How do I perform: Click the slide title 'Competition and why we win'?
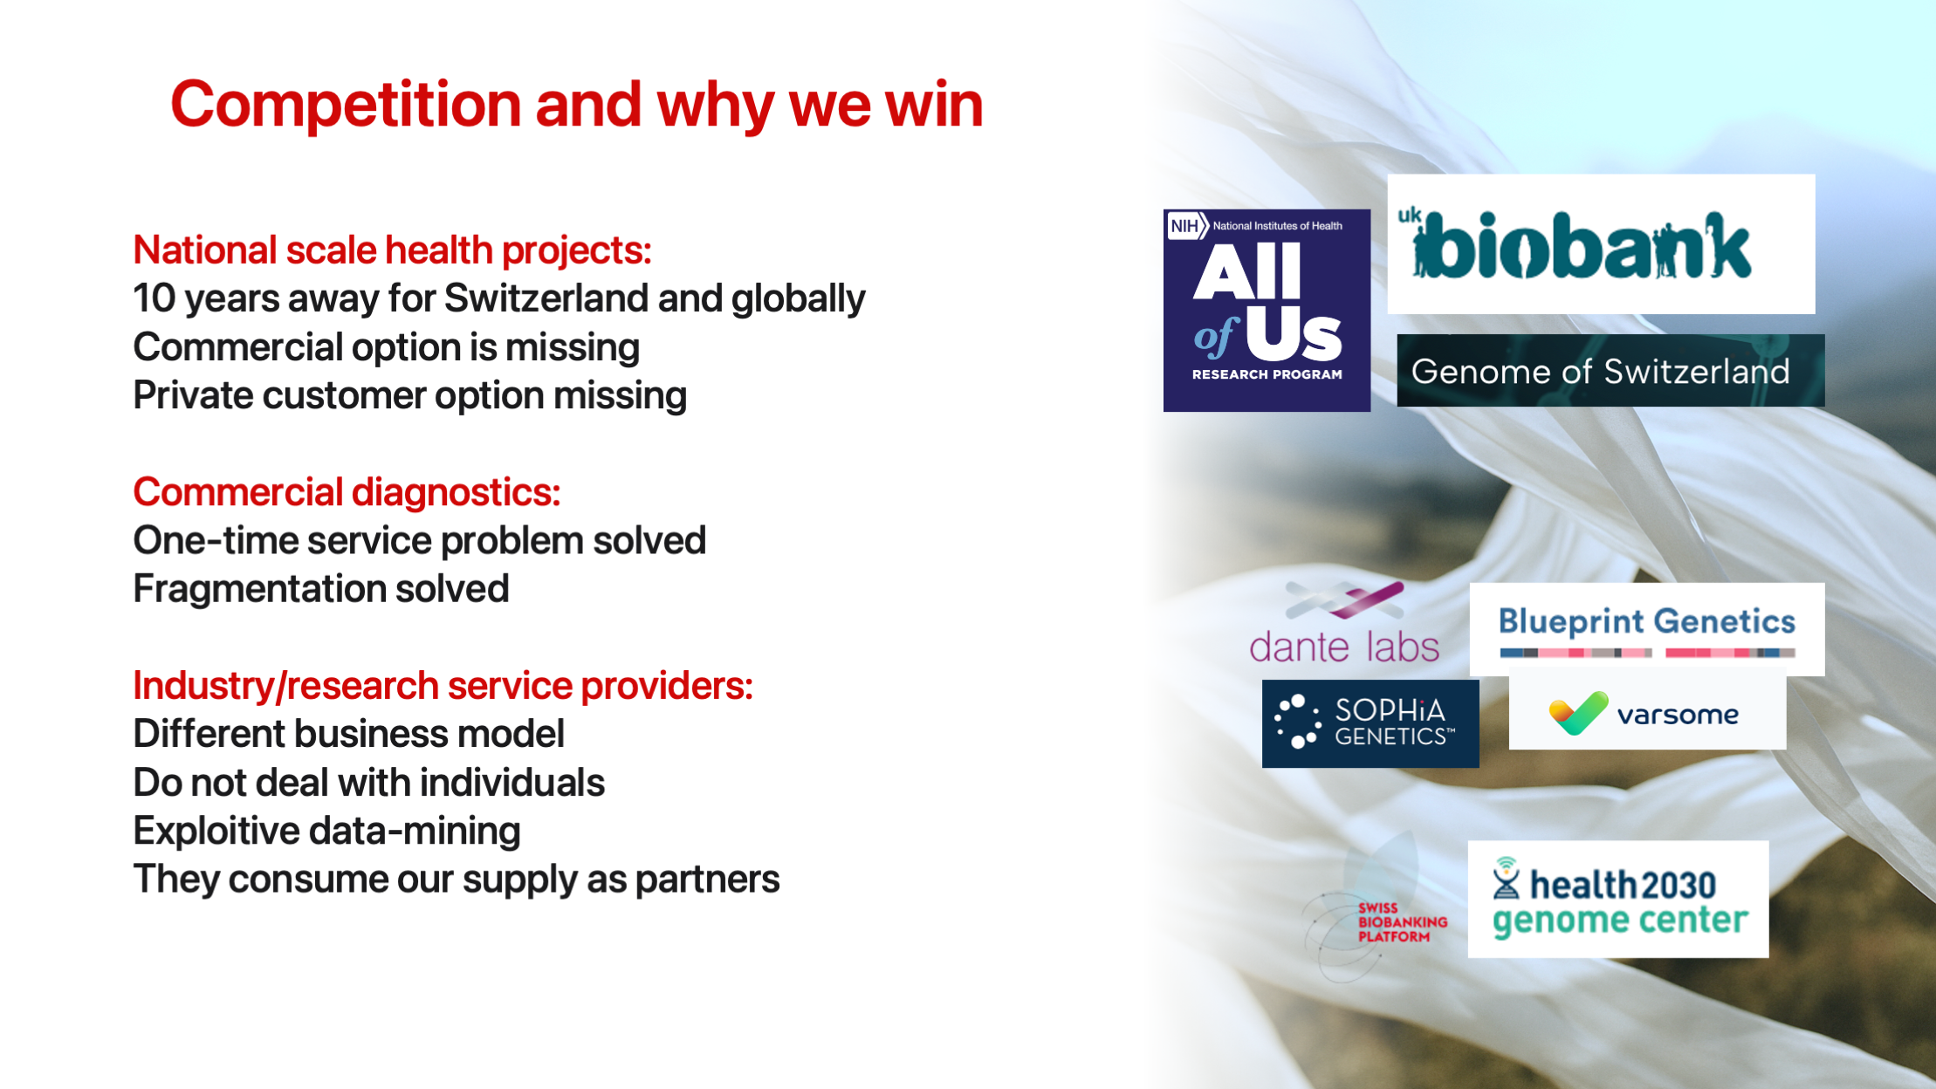click(x=576, y=105)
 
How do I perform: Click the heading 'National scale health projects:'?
click(x=392, y=250)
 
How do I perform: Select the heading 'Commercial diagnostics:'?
click(x=347, y=492)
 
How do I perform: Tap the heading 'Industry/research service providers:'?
click(x=443, y=686)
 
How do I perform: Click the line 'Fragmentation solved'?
click(x=320, y=589)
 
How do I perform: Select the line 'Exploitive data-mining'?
click(x=326, y=831)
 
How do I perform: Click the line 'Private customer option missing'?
click(x=409, y=395)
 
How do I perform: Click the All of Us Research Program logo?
click(x=1267, y=310)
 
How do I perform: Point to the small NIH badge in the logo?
click(x=1185, y=226)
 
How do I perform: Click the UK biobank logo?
click(x=1600, y=244)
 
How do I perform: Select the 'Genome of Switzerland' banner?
click(x=1610, y=371)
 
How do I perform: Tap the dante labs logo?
click(x=1344, y=624)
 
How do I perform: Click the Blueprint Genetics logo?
click(x=1646, y=629)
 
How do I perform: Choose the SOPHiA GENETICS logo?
click(x=1370, y=723)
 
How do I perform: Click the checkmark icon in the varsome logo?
click(x=1577, y=713)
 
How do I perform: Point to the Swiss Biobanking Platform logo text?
click(x=1401, y=922)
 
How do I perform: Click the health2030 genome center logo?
click(x=1617, y=900)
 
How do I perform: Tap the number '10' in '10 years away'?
click(x=154, y=298)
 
